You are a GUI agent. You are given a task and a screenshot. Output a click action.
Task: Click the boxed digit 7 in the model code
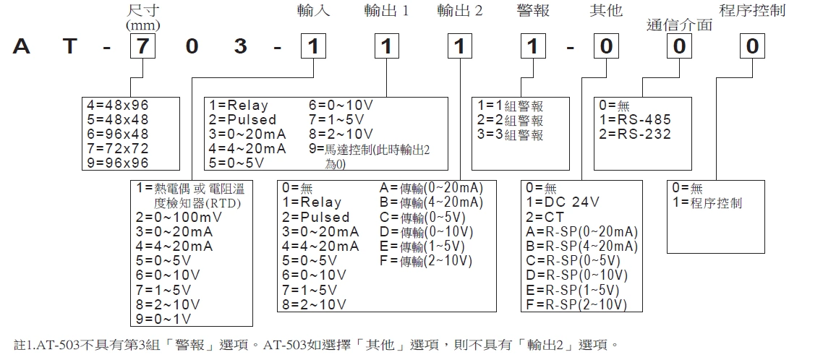(141, 47)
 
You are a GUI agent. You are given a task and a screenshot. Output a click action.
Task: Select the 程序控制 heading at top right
(752, 11)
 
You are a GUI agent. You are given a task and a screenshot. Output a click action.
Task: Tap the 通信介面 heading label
(679, 25)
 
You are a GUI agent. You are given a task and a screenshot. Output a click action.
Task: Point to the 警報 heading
(533, 11)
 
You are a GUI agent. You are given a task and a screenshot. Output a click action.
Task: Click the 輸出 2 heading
(460, 11)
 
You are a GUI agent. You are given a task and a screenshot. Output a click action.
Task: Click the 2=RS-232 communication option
(635, 134)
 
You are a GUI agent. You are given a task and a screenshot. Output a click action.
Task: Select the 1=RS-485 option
(635, 120)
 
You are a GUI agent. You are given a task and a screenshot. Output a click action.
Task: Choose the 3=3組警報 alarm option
(509, 134)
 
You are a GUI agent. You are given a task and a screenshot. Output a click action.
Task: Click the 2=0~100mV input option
(174, 217)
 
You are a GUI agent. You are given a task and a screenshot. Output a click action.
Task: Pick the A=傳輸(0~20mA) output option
(431, 188)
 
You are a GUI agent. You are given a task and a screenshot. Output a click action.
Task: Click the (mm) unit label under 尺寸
(142, 25)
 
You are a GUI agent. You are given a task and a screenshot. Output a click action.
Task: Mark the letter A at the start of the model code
(22, 47)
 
